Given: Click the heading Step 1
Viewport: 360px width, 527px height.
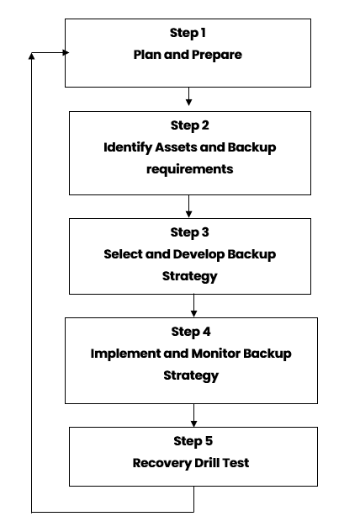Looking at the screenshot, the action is coord(188,34).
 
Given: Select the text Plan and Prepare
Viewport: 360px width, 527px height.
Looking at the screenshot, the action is coord(188,55).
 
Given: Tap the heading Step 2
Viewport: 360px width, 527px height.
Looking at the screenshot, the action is coord(190,125).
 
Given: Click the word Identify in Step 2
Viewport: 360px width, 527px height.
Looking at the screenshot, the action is coord(128,147).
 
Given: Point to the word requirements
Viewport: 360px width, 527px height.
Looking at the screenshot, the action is coord(190,169).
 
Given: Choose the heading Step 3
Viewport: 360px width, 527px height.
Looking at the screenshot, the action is coord(190,232).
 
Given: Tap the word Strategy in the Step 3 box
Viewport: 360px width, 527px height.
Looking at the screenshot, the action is coord(190,276).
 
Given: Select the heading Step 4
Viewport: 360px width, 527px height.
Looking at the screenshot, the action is coord(191,332).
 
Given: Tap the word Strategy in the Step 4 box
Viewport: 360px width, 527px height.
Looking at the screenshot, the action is coord(191,375).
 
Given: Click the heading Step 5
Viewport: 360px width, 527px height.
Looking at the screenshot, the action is coord(193,441).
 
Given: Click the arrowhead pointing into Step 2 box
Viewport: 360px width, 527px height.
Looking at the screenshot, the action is coord(188,102).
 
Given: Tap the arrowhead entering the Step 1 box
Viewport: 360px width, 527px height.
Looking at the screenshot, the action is coord(66,52).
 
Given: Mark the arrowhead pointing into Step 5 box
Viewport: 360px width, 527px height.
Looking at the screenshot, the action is coord(193,423).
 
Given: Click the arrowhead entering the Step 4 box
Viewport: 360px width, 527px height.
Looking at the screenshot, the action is coord(193,314).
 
